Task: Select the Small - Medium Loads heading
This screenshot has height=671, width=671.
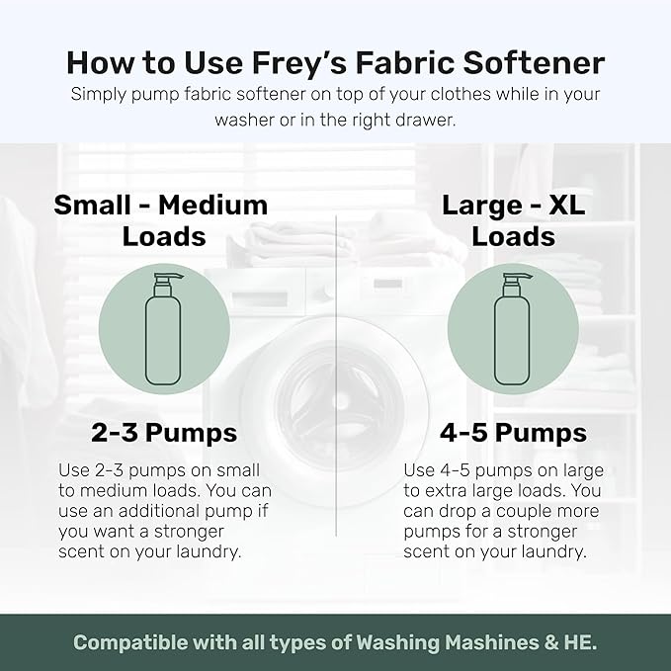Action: pyautogui.click(x=161, y=220)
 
